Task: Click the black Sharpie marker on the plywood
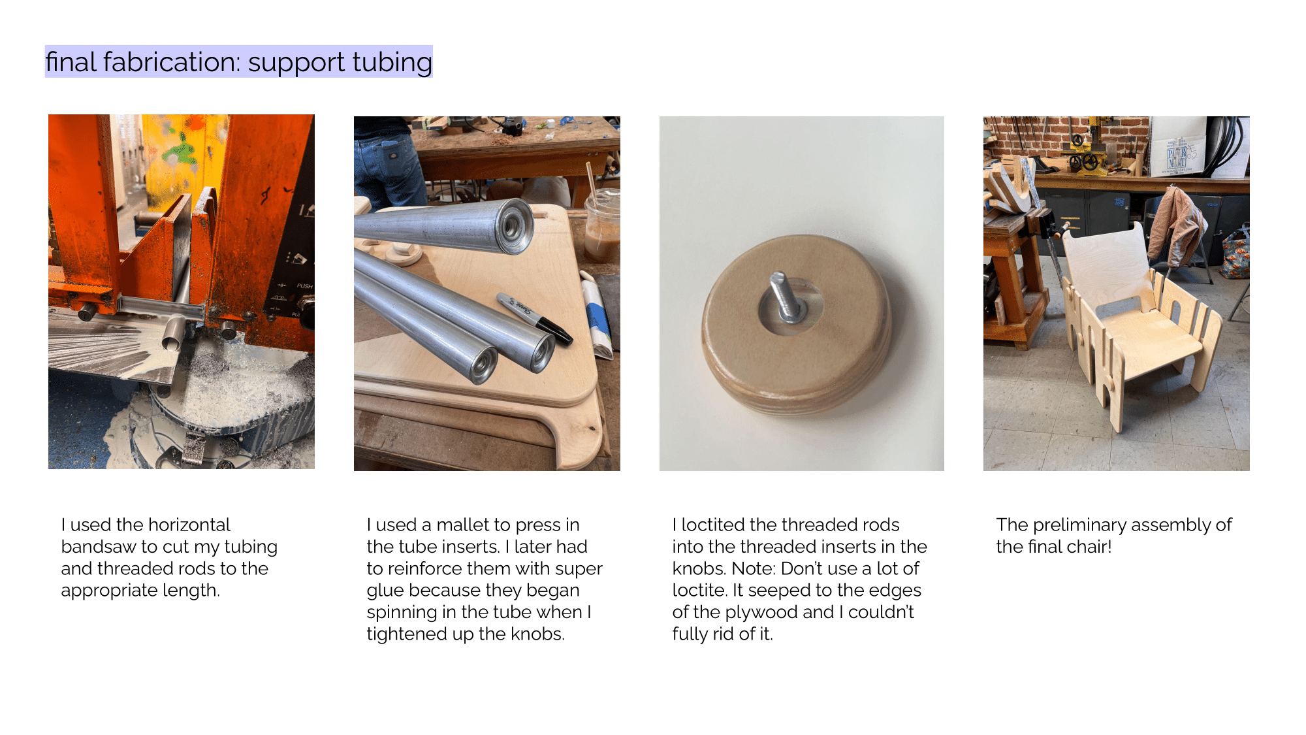(x=535, y=318)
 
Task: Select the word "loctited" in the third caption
(x=713, y=525)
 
